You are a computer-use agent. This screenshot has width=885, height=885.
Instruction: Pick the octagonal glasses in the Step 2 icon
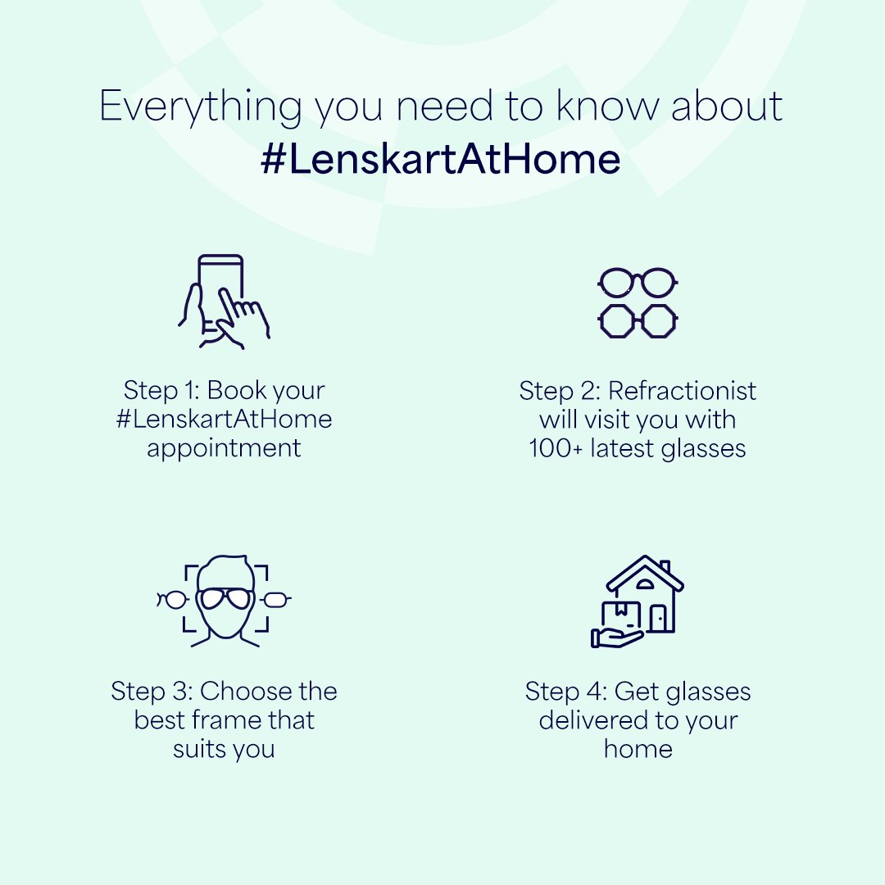point(638,320)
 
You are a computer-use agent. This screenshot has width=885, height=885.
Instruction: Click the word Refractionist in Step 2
point(682,391)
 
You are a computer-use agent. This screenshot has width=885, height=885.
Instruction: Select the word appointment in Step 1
point(224,448)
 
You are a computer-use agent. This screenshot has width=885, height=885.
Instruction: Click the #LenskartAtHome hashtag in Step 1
point(224,420)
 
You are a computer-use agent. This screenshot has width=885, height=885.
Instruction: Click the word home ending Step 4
point(638,749)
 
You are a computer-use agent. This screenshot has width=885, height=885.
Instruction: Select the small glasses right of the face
point(275,600)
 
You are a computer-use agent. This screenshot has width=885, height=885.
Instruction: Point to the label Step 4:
point(565,691)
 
